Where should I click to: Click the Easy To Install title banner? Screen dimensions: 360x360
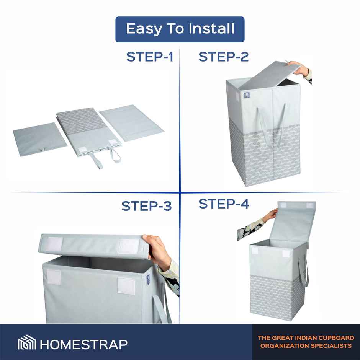point(180,29)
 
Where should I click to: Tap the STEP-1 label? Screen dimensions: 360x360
point(150,57)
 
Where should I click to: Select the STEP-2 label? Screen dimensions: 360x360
point(223,57)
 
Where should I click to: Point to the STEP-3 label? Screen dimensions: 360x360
point(146,206)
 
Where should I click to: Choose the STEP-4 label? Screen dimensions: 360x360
point(223,204)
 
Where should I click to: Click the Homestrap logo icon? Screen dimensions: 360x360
point(27,342)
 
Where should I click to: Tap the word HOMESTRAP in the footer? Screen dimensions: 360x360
point(83,344)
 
